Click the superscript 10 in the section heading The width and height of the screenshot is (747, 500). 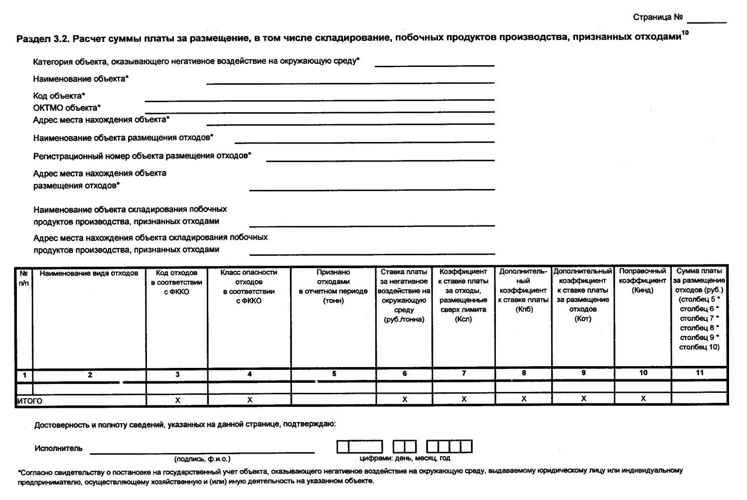pyautogui.click(x=685, y=33)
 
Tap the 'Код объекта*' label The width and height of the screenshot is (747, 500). pyautogui.click(x=59, y=96)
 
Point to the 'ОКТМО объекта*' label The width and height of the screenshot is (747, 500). pyautogui.click(x=67, y=108)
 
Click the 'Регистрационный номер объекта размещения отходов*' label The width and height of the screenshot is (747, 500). pyautogui.click(x=142, y=156)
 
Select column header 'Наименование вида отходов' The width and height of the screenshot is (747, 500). pyautogui.click(x=89, y=273)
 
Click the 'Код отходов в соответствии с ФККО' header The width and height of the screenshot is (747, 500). pyautogui.click(x=176, y=282)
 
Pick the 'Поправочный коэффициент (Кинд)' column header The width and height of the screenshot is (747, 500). pyautogui.click(x=642, y=281)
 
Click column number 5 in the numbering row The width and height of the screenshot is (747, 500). pyautogui.click(x=334, y=374)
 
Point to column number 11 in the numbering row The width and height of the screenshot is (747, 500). pyautogui.click(x=700, y=373)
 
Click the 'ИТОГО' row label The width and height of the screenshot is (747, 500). pyautogui.click(x=30, y=401)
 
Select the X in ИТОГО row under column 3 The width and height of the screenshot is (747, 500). pyautogui.click(x=177, y=400)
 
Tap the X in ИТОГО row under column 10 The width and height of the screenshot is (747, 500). pyautogui.click(x=643, y=399)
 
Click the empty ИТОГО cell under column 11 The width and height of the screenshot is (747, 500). pyautogui.click(x=700, y=399)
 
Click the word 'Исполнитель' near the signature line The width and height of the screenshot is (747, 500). pyautogui.click(x=58, y=448)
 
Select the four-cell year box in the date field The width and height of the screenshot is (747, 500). pyautogui.click(x=449, y=446)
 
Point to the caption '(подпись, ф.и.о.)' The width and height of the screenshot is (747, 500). pyautogui.click(x=202, y=459)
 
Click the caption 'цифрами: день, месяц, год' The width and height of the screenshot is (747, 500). pyautogui.click(x=405, y=458)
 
